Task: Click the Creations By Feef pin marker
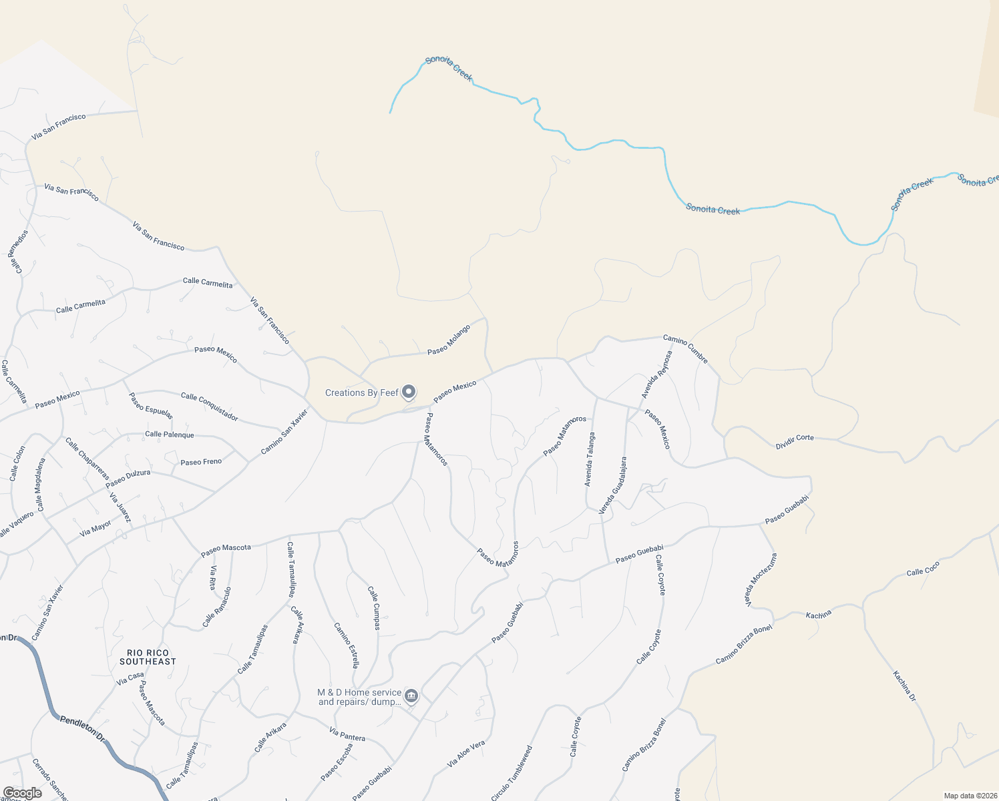[x=409, y=392]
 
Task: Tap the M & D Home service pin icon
[x=411, y=696]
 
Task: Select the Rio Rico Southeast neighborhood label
[x=148, y=657]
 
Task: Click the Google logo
[x=22, y=793]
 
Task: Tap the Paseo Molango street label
[x=449, y=340]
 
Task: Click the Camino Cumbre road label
[x=685, y=349]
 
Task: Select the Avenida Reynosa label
[x=656, y=374]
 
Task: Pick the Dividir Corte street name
[x=795, y=441]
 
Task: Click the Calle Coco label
[x=923, y=569]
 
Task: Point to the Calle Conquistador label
[x=209, y=407]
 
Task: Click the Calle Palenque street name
[x=170, y=435]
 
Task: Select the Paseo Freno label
[x=201, y=462]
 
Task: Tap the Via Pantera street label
[x=347, y=734]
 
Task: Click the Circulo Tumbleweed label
[x=512, y=773]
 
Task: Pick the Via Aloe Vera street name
[x=466, y=754]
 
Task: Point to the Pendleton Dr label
[x=83, y=728]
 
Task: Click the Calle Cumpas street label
[x=374, y=608]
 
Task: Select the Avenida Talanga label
[x=589, y=459]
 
